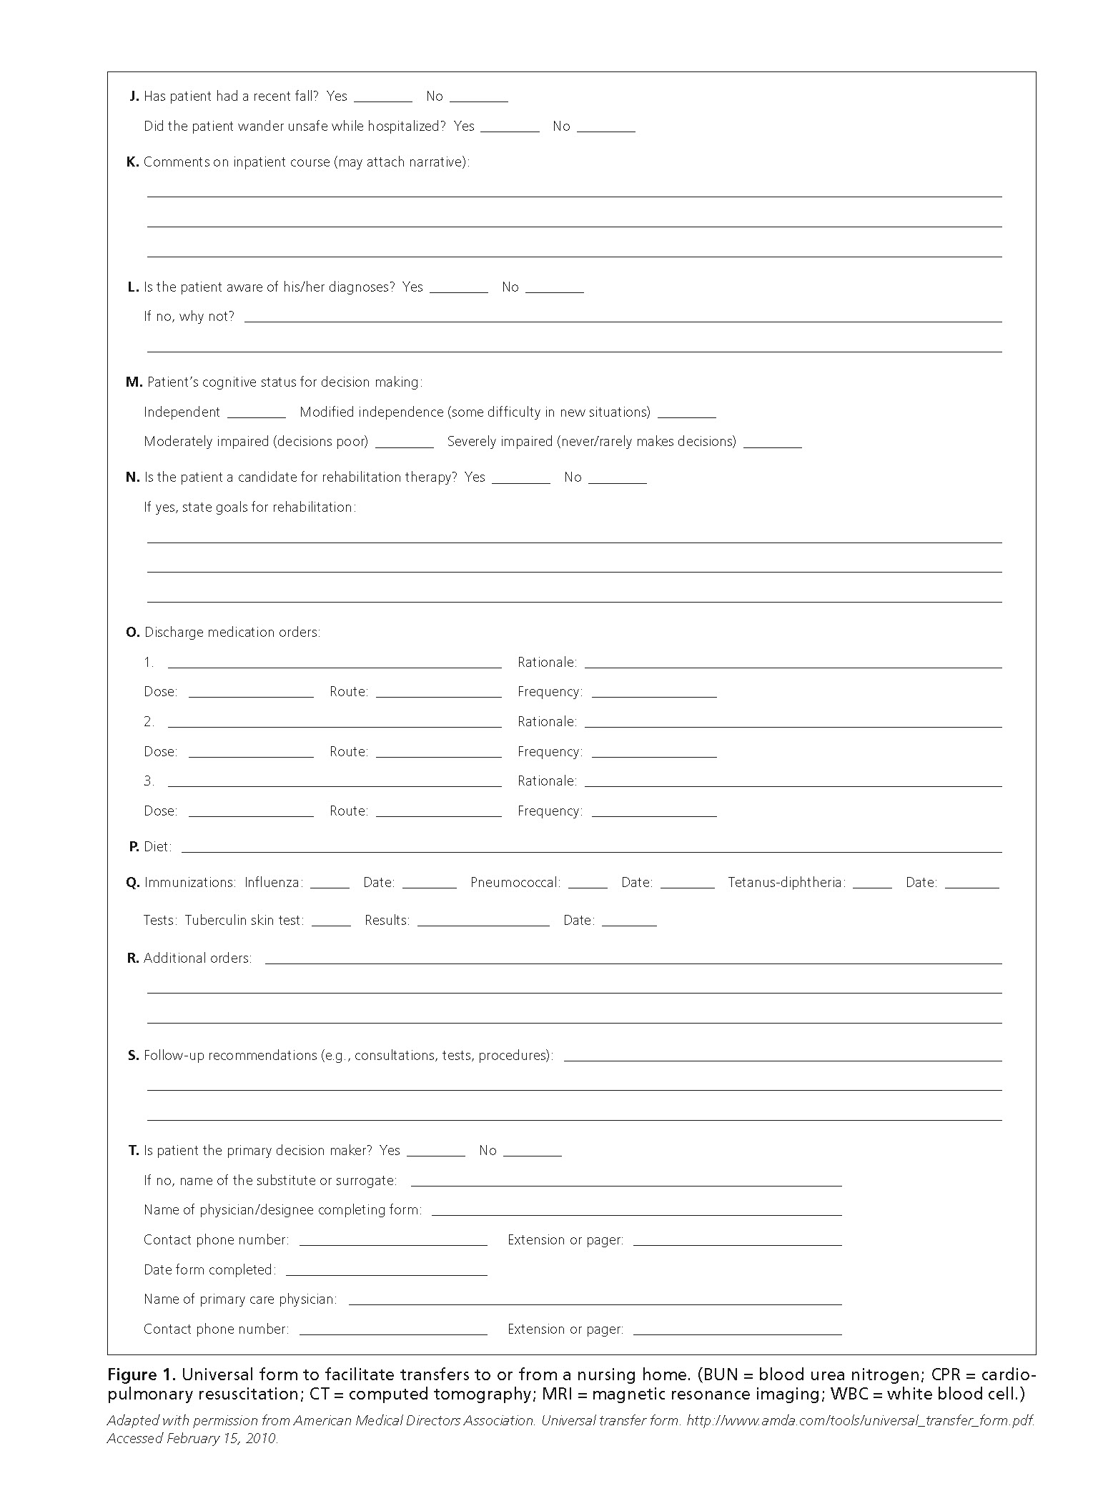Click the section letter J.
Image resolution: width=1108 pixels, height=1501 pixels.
coord(134,96)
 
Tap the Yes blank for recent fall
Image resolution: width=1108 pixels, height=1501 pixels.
coord(382,99)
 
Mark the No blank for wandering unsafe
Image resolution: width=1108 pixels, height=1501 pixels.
coord(605,129)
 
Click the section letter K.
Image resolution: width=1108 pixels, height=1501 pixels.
coord(132,162)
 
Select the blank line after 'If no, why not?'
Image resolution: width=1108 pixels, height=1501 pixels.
coord(623,319)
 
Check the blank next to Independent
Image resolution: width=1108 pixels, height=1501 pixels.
coord(257,415)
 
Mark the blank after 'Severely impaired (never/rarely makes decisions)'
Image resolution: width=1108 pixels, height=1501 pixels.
coord(772,445)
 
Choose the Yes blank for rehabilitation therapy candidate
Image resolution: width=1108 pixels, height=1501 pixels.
coord(520,480)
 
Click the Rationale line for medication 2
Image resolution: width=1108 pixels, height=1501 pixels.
coord(793,724)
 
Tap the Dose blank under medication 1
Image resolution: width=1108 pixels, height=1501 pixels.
coord(251,694)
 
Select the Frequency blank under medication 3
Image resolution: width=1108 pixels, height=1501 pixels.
coord(654,813)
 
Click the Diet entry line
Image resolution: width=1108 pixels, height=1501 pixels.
coord(591,849)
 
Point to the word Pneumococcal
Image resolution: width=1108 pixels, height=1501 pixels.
coord(515,883)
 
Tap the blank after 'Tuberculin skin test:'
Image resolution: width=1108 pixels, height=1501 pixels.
coord(331,923)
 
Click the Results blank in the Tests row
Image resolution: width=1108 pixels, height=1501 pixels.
coord(483,923)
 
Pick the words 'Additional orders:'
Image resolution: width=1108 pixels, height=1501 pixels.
coord(198,958)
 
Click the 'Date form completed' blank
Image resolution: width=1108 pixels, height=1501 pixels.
coord(386,1272)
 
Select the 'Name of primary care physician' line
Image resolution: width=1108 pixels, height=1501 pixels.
coord(595,1302)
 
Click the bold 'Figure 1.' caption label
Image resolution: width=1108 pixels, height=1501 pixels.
coord(141,1374)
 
